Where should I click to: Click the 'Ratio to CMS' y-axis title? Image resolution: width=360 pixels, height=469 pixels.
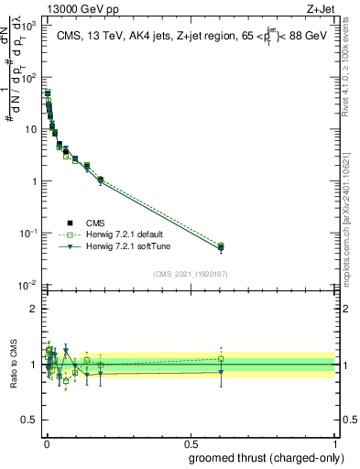point(13,365)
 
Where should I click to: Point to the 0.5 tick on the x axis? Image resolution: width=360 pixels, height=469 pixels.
point(191,442)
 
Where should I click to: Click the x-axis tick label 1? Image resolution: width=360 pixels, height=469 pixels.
point(336,442)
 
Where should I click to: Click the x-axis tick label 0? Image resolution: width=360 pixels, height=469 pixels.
point(46,442)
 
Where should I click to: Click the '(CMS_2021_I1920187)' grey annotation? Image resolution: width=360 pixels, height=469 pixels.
point(191,273)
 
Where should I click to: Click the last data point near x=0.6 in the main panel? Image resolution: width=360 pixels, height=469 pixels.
point(221,247)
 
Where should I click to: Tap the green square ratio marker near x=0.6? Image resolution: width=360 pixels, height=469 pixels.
point(221,359)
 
